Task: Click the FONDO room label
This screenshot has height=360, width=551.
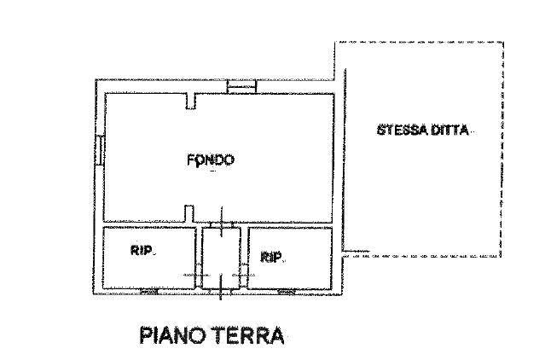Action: coord(211,160)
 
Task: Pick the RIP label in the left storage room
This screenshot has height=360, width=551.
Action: coord(142,250)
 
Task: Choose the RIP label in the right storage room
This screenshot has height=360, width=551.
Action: coord(272,255)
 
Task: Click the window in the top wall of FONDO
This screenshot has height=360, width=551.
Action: coord(242,86)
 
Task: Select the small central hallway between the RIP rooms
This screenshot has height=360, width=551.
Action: coord(222,256)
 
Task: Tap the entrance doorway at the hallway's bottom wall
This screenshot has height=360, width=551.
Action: coord(222,290)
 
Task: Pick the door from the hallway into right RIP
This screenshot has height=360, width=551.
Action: coord(244,273)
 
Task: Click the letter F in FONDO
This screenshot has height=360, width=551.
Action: coord(191,160)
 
